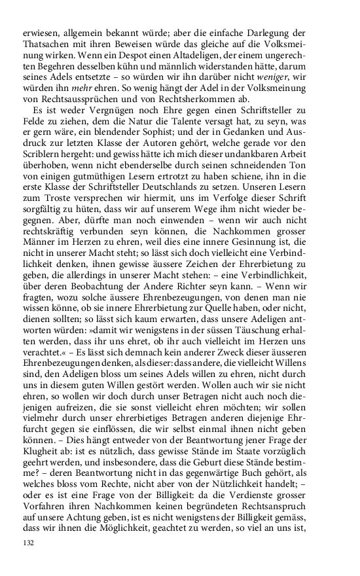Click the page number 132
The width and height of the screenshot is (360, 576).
click(28, 543)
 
